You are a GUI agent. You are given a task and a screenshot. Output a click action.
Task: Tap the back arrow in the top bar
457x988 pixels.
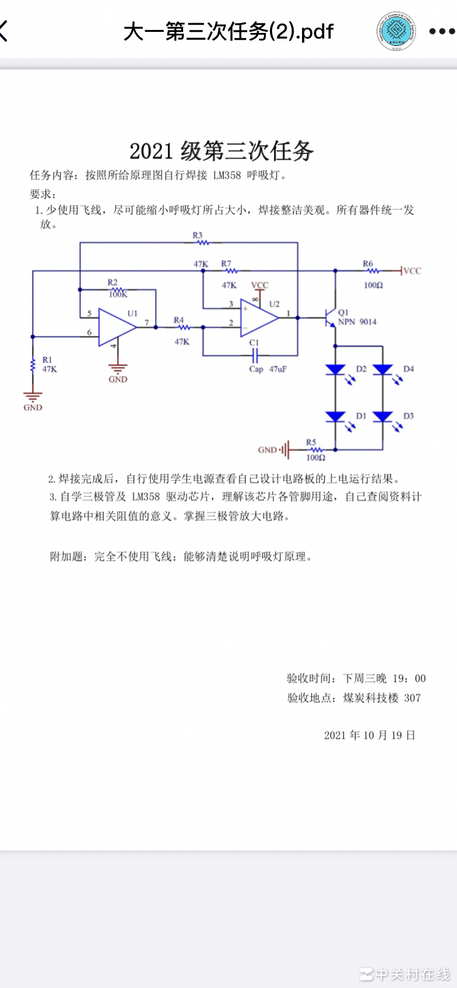(x=5, y=31)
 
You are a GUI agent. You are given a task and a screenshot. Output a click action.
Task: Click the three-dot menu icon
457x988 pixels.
(x=442, y=31)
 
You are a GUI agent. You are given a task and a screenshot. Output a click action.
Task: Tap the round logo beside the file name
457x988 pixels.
(x=396, y=31)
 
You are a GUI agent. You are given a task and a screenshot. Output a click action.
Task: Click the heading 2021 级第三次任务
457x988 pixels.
(x=222, y=151)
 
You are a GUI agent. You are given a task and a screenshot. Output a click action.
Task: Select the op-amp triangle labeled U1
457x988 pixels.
(x=116, y=327)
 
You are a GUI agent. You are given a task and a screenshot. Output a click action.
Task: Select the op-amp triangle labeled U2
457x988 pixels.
(x=258, y=318)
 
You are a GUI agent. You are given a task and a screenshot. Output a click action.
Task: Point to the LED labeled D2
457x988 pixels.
(x=335, y=370)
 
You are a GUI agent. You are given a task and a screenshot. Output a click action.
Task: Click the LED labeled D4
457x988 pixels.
(x=383, y=370)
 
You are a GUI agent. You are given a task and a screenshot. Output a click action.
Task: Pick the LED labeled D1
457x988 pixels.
(x=335, y=417)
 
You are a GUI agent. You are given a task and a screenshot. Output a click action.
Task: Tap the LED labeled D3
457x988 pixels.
(x=383, y=417)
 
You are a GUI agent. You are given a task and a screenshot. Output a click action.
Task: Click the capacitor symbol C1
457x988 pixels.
(x=255, y=355)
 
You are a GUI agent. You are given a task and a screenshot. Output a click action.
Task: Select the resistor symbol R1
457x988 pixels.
(x=32, y=365)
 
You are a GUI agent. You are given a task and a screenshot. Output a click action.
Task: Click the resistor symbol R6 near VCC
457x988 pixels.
(x=369, y=271)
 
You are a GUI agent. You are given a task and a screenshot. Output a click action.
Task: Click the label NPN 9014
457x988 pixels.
(x=358, y=322)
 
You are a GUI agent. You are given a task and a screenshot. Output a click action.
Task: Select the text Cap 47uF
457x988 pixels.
(x=268, y=369)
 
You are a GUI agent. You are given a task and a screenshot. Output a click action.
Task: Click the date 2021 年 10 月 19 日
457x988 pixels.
(x=370, y=735)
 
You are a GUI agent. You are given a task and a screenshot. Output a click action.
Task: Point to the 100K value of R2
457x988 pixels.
(x=118, y=295)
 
